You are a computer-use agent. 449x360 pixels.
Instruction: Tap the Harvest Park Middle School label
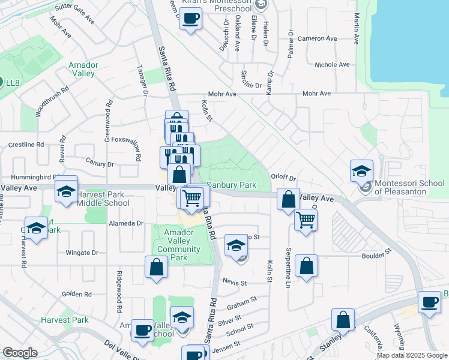pyautogui.click(x=104, y=199)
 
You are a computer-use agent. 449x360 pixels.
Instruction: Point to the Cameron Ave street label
pyautogui.click(x=322, y=38)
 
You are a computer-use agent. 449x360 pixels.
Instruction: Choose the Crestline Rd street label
pyautogui.click(x=26, y=145)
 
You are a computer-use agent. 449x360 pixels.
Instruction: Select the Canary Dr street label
pyautogui.click(x=100, y=163)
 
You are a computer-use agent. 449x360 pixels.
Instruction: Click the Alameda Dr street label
pyautogui.click(x=130, y=223)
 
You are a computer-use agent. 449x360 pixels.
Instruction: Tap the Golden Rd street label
pyautogui.click(x=76, y=295)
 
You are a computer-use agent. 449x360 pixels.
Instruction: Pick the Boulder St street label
pyautogui.click(x=376, y=257)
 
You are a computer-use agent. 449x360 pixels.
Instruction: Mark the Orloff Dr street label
pyautogui.click(x=283, y=178)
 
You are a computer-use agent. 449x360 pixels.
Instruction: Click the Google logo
pyautogui.click(x=20, y=352)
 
